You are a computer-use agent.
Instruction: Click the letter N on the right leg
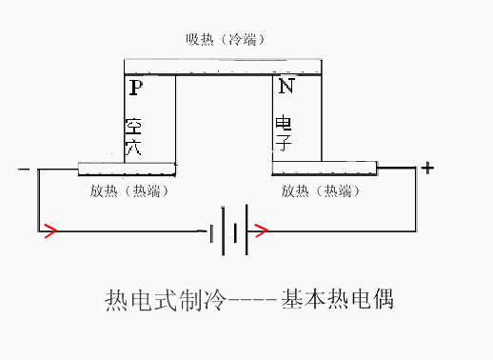286,88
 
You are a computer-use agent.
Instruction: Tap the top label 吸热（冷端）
225,40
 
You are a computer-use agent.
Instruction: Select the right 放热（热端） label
323,190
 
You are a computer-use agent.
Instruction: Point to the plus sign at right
428,169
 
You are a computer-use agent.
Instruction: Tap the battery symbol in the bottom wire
228,230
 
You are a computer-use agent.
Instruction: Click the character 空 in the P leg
133,127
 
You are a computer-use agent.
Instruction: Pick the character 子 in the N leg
284,146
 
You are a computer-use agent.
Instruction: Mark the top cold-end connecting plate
225,69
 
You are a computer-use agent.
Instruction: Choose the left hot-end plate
127,169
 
